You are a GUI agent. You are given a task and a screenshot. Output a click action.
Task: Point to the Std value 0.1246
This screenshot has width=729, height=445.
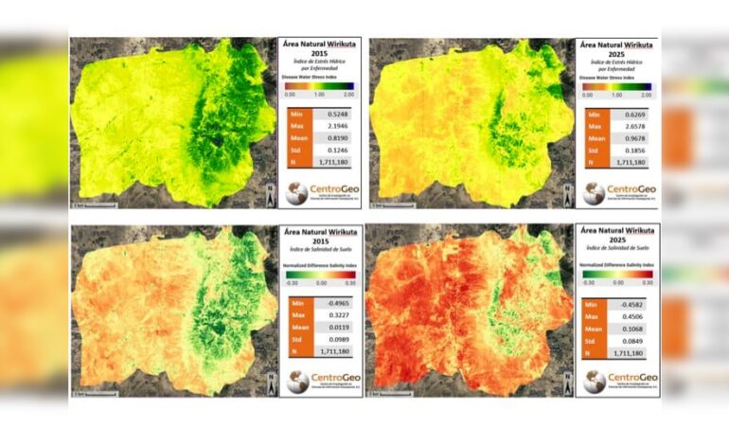[x=329, y=163]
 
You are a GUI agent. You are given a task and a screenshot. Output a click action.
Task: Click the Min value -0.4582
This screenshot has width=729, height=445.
[x=626, y=305]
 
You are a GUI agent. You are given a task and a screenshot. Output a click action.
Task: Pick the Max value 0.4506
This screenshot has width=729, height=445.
[x=626, y=319]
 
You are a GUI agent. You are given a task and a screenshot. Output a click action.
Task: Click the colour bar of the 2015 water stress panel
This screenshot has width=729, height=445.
[x=320, y=87]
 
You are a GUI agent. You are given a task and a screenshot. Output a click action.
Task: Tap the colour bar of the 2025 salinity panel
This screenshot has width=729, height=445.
[x=617, y=274]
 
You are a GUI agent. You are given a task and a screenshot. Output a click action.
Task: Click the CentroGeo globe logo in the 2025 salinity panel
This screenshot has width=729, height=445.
[x=594, y=382]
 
